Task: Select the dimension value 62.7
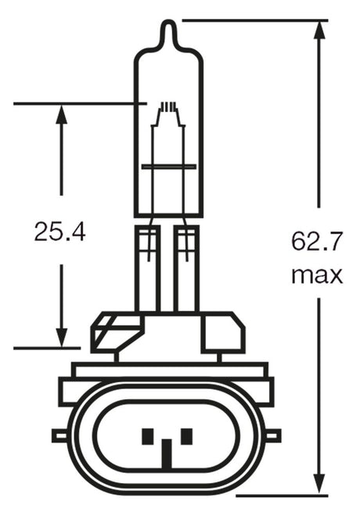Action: tap(317, 241)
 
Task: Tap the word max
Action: tap(317, 275)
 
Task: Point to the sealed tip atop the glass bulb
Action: tap(167, 31)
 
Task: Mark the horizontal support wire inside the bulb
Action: tap(167, 166)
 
